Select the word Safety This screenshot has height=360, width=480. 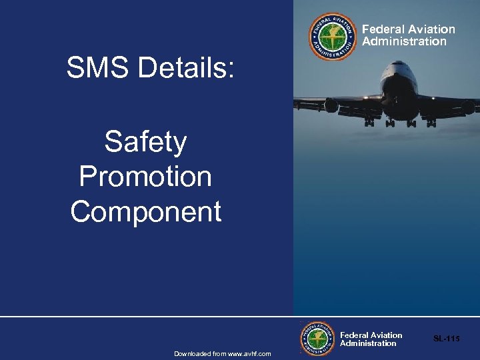click(145, 143)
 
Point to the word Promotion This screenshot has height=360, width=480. click(145, 177)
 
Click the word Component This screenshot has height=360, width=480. click(145, 212)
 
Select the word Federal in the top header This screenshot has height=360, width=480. click(382, 29)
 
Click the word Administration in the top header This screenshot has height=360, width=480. click(404, 41)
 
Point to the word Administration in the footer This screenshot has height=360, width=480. click(368, 343)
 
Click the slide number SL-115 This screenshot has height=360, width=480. click(446, 339)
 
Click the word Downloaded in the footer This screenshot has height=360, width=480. click(192, 353)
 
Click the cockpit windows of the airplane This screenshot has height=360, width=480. click(399, 67)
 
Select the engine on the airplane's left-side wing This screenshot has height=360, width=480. click(331, 105)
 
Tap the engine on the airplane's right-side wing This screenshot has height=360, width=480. click(467, 107)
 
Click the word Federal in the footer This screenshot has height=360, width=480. click(353, 335)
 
